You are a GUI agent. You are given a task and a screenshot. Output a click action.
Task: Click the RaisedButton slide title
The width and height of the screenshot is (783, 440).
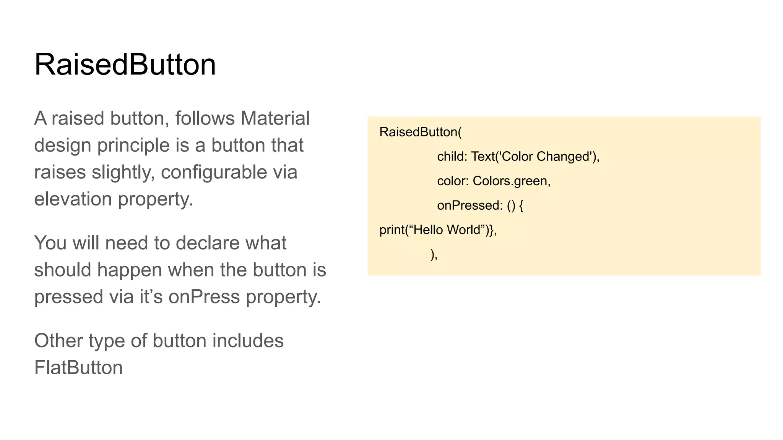tap(125, 65)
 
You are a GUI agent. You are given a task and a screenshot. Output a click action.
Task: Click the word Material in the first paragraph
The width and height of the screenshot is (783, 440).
tap(275, 118)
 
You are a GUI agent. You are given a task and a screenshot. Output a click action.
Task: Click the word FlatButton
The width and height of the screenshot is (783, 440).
tap(78, 367)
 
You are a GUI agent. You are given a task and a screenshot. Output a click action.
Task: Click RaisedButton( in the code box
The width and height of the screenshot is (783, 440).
tap(420, 132)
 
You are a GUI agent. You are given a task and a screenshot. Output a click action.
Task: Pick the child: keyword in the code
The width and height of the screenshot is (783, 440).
tap(452, 157)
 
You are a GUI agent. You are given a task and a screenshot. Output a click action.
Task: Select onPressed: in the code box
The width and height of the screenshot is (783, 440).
tap(469, 205)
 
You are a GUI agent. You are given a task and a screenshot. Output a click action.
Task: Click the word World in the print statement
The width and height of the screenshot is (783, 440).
tap(463, 230)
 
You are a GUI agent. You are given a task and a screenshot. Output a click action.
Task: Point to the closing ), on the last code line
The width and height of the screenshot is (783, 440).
tap(434, 254)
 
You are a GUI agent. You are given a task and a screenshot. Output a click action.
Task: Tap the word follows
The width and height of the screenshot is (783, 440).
tap(205, 118)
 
